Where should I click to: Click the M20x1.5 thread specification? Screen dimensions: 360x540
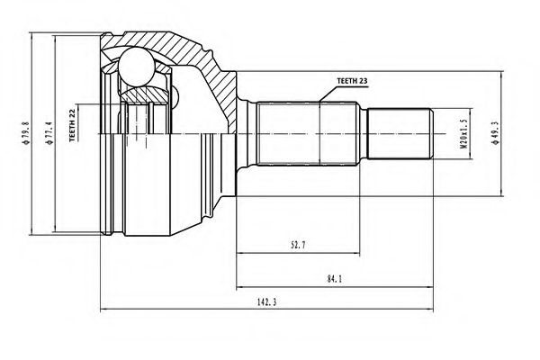click(x=458, y=134)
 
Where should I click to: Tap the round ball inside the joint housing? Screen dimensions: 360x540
click(x=136, y=67)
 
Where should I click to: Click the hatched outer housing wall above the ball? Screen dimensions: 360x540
click(x=171, y=45)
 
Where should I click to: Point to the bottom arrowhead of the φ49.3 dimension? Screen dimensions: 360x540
click(x=499, y=191)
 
